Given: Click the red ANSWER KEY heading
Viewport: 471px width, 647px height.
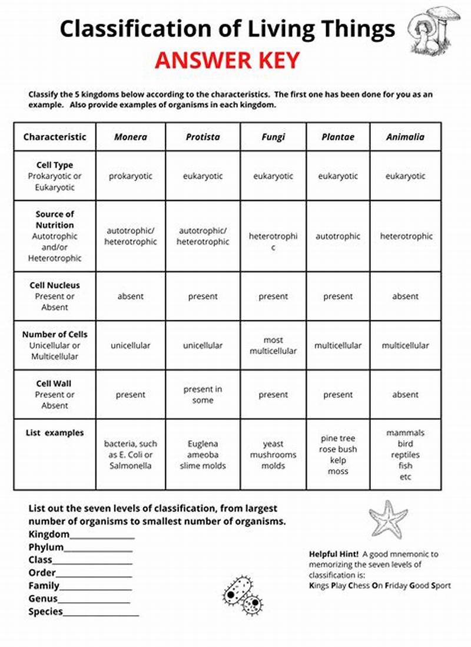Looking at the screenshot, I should point(227,61).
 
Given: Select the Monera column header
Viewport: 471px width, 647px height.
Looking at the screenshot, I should point(131,137).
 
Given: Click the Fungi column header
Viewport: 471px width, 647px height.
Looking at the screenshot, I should point(273,137).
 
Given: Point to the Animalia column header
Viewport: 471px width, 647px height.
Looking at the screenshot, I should point(405,137).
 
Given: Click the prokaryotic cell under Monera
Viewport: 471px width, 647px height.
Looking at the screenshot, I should point(131,176).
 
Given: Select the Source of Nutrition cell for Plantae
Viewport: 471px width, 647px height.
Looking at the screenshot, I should point(338,236).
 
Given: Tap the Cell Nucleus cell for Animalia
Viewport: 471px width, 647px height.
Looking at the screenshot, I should point(405,296).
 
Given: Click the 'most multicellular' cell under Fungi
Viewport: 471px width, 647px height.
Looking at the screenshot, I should point(273,345).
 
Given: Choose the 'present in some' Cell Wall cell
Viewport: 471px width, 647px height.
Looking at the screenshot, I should point(203,395).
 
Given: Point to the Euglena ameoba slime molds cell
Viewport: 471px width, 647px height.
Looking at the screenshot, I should point(203,454).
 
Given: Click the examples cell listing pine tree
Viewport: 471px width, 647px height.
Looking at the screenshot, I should point(338,454).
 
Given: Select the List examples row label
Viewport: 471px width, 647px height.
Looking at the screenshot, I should point(55,433).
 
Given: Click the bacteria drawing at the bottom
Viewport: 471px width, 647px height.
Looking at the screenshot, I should point(243,595).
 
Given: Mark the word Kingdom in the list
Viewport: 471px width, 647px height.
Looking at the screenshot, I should point(49,534).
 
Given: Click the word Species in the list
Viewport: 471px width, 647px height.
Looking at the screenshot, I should point(45,612).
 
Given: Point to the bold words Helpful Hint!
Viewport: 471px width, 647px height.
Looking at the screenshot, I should point(334,554).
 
